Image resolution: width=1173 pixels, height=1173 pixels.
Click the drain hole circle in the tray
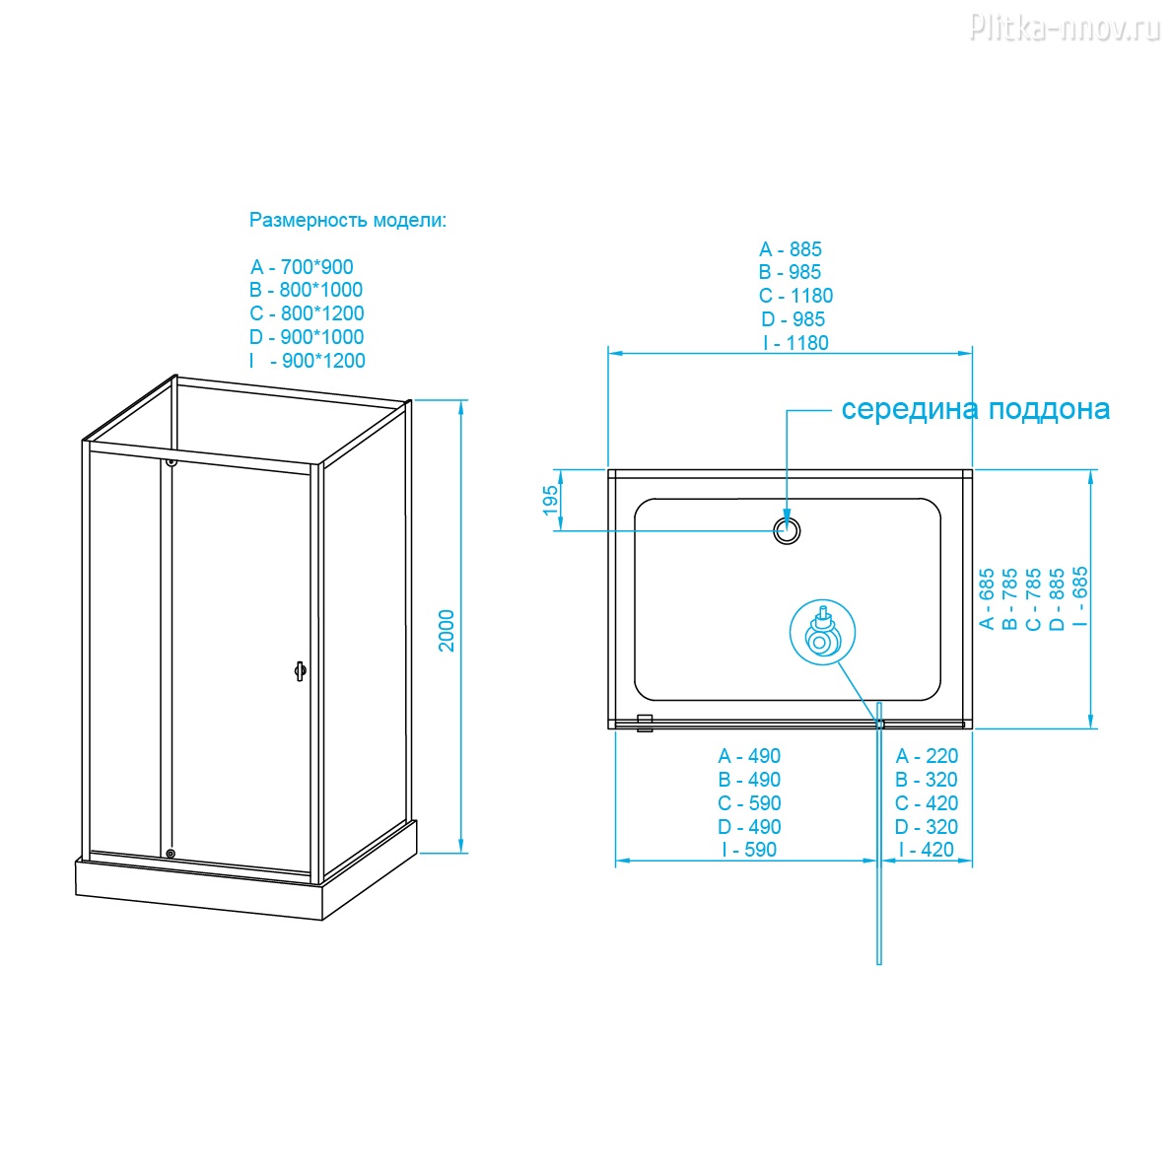(787, 530)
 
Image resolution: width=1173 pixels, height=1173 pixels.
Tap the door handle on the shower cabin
(300, 670)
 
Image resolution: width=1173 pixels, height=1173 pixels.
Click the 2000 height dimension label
(448, 630)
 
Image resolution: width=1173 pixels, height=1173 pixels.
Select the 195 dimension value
(551, 501)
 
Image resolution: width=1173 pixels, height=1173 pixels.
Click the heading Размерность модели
(347, 220)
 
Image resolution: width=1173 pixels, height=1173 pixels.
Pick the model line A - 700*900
(302, 267)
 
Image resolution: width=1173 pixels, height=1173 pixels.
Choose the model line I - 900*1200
(308, 361)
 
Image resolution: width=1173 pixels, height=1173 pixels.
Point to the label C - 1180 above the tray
(795, 296)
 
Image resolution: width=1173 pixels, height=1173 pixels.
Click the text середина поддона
(975, 409)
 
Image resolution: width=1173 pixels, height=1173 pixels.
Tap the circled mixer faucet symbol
(821, 635)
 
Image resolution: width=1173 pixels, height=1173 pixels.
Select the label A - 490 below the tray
(749, 756)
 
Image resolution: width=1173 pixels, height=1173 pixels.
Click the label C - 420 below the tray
(927, 803)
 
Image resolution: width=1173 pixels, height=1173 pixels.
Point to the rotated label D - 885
(1057, 598)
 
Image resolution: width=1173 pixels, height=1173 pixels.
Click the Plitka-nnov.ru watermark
(1065, 29)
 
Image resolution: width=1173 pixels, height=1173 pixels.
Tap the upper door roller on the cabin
(172, 461)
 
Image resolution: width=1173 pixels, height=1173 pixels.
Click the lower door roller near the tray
(171, 854)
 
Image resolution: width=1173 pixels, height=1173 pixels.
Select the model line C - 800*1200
(307, 313)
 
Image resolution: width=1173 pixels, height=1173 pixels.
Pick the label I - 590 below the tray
(749, 850)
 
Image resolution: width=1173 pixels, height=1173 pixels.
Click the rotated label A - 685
(986, 598)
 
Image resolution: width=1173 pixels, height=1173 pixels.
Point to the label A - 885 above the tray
(791, 249)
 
